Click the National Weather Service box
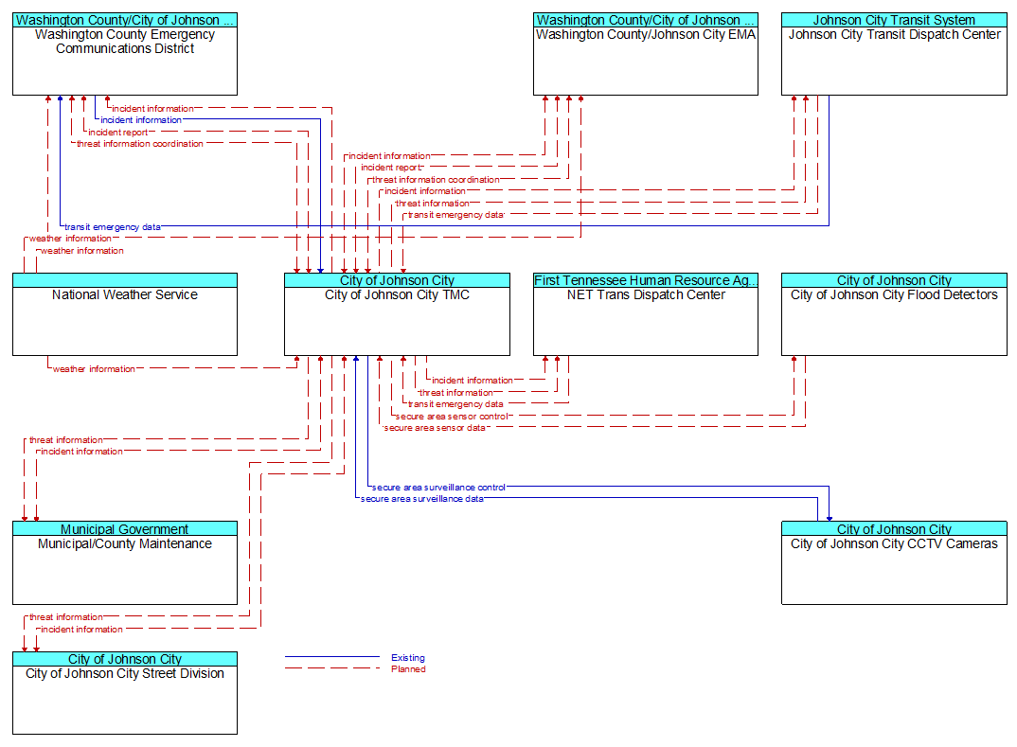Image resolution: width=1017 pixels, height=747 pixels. pyautogui.click(x=125, y=313)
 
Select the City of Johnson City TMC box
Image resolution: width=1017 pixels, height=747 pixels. pyautogui.click(x=397, y=313)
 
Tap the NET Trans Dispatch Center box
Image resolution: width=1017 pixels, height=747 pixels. pyautogui.click(x=646, y=313)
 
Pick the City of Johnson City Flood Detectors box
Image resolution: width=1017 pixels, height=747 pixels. pyautogui.click(x=894, y=313)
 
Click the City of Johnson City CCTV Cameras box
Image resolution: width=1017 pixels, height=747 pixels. pyautogui.click(x=894, y=562)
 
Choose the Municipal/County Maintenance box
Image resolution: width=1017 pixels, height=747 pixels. pyautogui.click(x=125, y=562)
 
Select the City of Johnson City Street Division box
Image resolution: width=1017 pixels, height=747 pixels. pyautogui.click(x=125, y=692)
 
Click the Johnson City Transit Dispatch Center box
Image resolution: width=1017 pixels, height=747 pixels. pyautogui.click(x=894, y=54)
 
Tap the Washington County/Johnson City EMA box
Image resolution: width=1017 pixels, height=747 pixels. pyautogui.click(x=646, y=54)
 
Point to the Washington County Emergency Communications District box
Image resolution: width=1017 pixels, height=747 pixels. pyautogui.click(x=125, y=54)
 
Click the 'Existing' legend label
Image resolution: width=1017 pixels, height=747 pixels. pyautogui.click(x=408, y=657)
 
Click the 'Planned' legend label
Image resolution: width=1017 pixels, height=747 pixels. pyautogui.click(x=408, y=669)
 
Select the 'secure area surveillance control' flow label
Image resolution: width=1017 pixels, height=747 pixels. pyautogui.click(x=438, y=487)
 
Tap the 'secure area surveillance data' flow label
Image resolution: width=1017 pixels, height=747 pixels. pyautogui.click(x=421, y=499)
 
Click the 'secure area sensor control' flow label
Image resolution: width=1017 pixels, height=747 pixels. pyautogui.click(x=452, y=417)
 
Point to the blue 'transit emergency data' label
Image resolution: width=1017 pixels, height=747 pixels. pyautogui.click(x=112, y=227)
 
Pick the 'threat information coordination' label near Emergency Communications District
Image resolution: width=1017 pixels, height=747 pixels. pyautogui.click(x=140, y=144)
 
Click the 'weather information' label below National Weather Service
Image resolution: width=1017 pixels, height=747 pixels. pyautogui.click(x=94, y=369)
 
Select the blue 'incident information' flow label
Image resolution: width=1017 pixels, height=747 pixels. pyautogui.click(x=141, y=120)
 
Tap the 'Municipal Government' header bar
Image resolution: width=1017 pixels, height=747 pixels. pyautogui.click(x=125, y=528)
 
